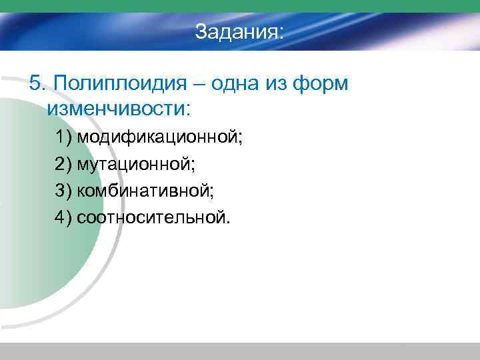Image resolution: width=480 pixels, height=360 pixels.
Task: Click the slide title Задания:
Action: click(239, 32)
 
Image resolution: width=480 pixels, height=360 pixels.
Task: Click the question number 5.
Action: click(36, 84)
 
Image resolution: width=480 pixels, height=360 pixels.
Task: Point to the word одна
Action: click(233, 84)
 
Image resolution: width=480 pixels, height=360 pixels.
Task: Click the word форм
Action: click(323, 84)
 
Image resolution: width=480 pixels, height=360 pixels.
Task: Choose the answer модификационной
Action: click(160, 138)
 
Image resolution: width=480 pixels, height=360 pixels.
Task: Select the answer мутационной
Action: click(136, 164)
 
